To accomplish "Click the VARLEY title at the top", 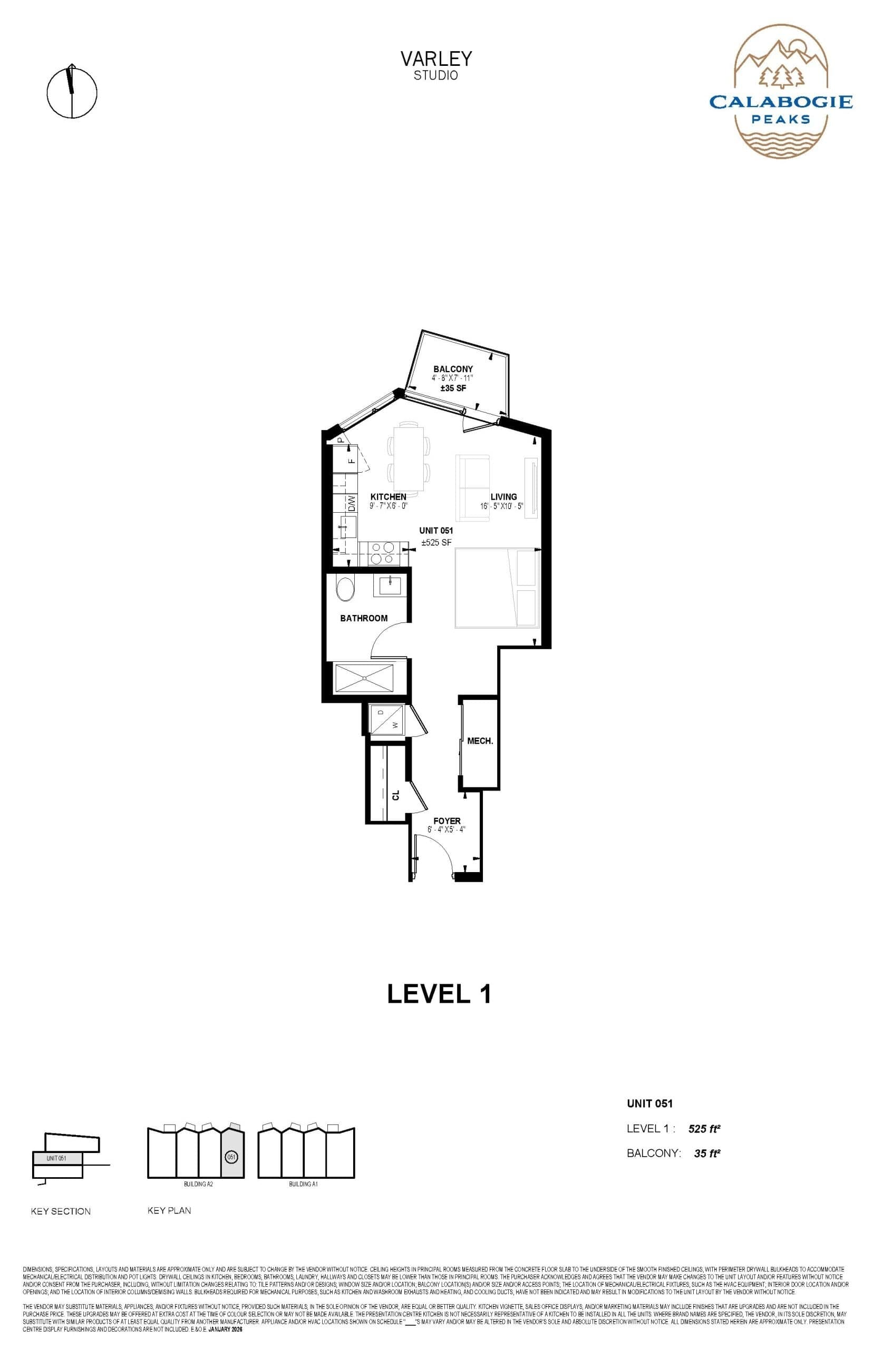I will tap(436, 58).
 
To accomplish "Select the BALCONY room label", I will tap(453, 369).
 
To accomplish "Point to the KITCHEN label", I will tap(389, 496).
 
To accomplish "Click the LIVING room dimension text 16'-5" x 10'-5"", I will tap(502, 505).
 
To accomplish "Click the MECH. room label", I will tap(480, 741).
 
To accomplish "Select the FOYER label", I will tap(447, 820).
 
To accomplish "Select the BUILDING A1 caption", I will tap(303, 1184).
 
